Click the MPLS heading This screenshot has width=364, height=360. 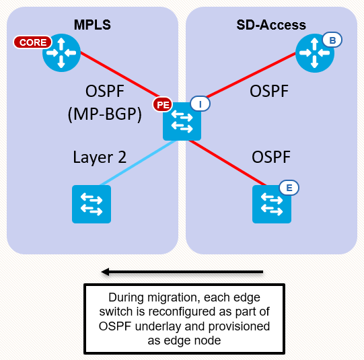point(92,26)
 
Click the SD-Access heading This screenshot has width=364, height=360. point(271,26)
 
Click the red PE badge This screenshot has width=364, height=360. point(162,104)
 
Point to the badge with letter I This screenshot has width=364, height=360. point(200,104)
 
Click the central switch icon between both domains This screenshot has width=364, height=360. point(182,122)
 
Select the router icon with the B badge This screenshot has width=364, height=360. point(315,54)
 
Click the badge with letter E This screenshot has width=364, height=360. point(289,188)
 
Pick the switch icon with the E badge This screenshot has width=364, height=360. point(272,204)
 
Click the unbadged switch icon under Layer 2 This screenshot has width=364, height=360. point(92,204)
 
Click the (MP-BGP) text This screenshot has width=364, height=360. point(104,115)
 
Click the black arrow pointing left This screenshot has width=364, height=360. point(182,272)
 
